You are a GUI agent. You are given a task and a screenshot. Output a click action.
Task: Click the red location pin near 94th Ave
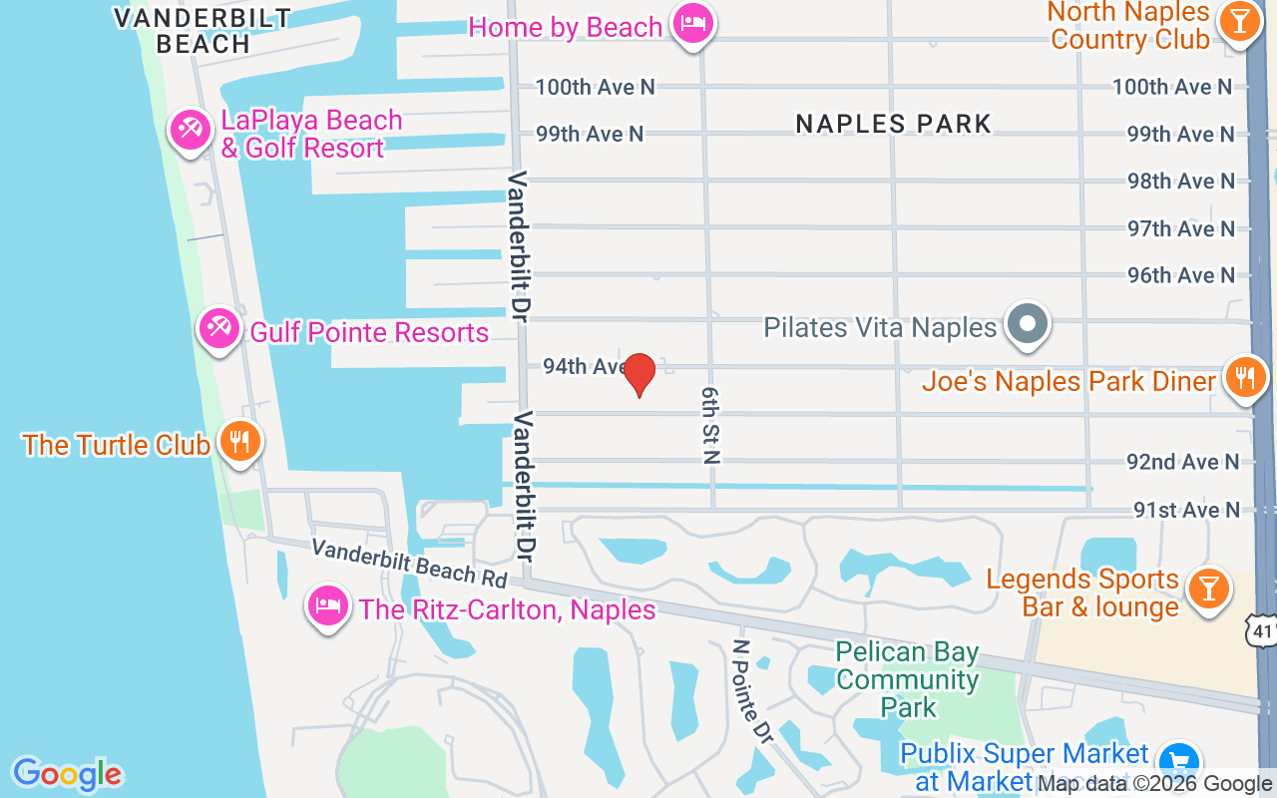tap(639, 374)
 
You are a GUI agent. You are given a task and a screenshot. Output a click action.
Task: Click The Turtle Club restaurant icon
tap(238, 440)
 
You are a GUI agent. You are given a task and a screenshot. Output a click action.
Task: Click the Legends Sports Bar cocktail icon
tap(1209, 590)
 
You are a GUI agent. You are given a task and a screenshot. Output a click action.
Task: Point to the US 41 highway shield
tap(1261, 629)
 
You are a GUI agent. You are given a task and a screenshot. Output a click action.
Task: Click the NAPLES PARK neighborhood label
tap(894, 124)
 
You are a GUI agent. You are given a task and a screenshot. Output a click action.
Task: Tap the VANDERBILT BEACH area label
tap(203, 31)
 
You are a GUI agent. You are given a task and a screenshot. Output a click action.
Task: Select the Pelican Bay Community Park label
tap(908, 680)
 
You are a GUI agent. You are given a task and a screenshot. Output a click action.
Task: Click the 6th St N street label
tap(710, 425)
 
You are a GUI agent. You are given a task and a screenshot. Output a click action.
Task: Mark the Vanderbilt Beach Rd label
tap(409, 562)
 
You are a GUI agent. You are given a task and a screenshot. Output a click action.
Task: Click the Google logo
tap(67, 774)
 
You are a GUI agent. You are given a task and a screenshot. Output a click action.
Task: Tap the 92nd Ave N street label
tap(1183, 462)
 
